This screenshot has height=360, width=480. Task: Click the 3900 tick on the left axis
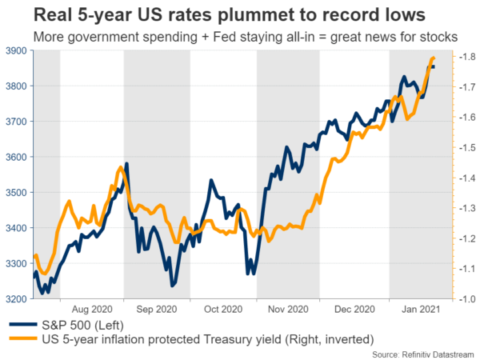(x=16, y=50)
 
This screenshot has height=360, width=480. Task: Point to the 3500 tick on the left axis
(x=16, y=192)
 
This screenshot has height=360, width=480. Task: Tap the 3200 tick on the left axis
(x=16, y=298)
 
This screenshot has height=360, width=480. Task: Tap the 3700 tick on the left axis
(x=16, y=122)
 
